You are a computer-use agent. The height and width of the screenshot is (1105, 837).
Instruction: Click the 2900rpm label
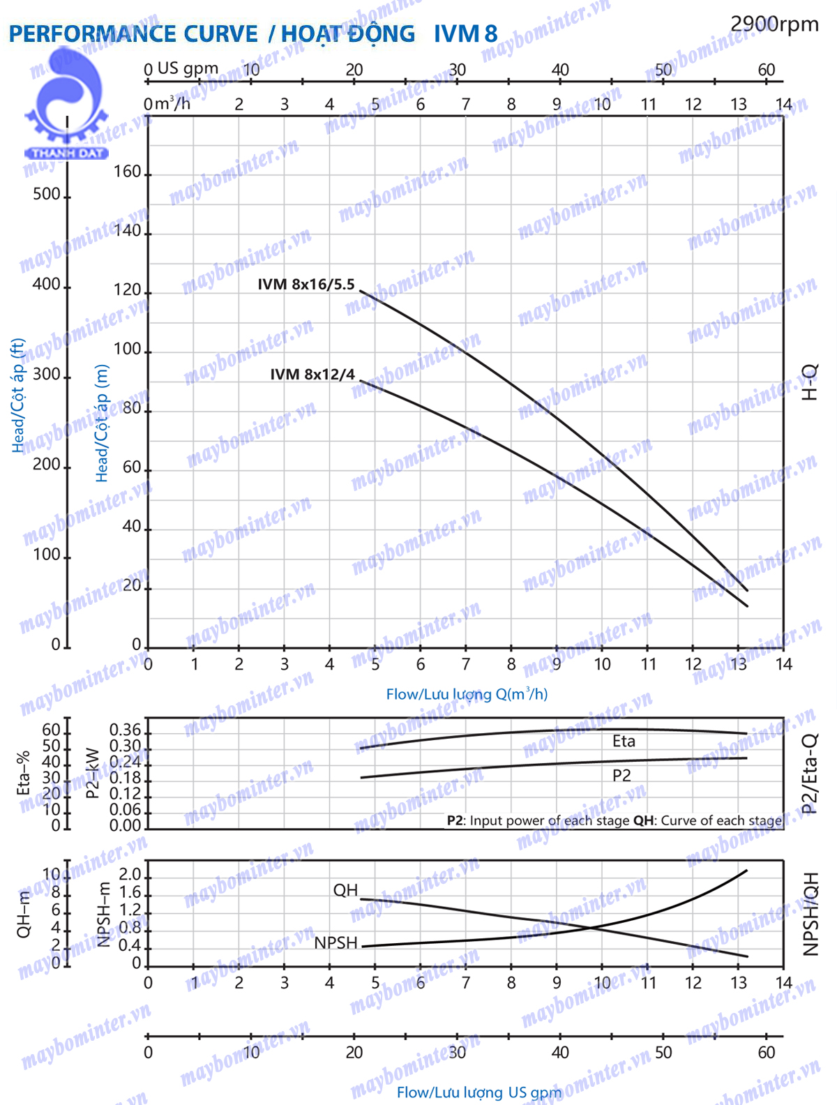pos(774,24)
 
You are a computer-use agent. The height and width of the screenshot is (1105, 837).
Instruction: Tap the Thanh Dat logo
pos(66,105)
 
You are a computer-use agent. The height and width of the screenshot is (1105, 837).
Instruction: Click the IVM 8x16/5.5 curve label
pos(306,285)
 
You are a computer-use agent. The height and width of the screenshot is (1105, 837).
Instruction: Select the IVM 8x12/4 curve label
pos(312,375)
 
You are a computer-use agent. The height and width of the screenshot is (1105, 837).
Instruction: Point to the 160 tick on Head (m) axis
pos(127,172)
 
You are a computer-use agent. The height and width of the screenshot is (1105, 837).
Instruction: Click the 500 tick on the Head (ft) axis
pos(47,194)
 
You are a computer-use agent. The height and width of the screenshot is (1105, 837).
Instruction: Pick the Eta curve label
pos(624,741)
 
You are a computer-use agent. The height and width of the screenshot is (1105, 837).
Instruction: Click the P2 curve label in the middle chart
pos(621,775)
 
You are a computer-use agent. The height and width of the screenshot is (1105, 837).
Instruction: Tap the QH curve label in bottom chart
pos(345,890)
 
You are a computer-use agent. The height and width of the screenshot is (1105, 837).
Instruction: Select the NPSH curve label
pos(335,942)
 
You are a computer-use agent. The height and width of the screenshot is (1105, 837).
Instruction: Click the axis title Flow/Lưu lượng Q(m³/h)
pos(467,694)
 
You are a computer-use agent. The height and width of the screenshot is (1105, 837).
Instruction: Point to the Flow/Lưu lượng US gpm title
pos(478,1092)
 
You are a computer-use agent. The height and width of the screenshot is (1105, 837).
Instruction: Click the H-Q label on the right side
pos(809,382)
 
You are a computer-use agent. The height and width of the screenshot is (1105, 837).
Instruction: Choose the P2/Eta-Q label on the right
pos(809,774)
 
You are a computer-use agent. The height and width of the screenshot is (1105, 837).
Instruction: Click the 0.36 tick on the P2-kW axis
pos(125,730)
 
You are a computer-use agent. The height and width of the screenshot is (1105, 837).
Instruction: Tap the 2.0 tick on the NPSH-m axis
pos(130,875)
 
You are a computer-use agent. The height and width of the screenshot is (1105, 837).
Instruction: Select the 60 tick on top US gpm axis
pos(766,70)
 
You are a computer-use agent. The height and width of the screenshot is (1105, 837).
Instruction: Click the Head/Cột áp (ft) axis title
pos(18,395)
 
